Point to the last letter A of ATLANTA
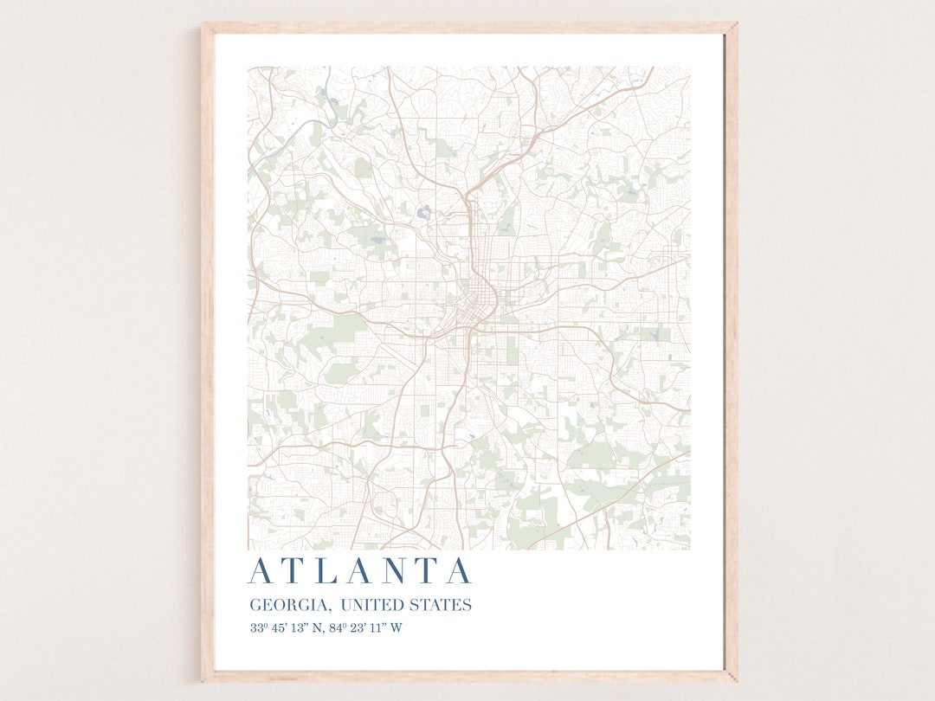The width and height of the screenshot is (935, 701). point(458,572)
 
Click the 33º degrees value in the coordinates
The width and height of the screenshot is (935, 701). point(259,628)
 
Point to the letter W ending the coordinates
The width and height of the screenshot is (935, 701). point(396,628)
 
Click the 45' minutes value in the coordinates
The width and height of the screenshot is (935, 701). point(280,628)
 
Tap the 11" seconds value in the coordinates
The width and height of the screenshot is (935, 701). point(377,628)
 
